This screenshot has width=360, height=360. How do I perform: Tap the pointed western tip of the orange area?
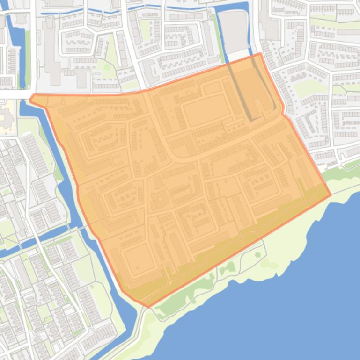pyautogui.click(x=31, y=99)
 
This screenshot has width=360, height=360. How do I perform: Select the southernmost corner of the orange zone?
pyautogui.click(x=149, y=307)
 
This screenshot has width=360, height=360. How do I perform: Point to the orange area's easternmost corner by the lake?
pyautogui.click(x=331, y=194)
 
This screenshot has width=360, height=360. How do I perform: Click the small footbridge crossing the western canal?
pyautogui.click(x=82, y=227)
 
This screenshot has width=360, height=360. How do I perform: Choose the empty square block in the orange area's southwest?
pyautogui.click(x=138, y=259)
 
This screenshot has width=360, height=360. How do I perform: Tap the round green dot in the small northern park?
pyautogui.click(x=106, y=67)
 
